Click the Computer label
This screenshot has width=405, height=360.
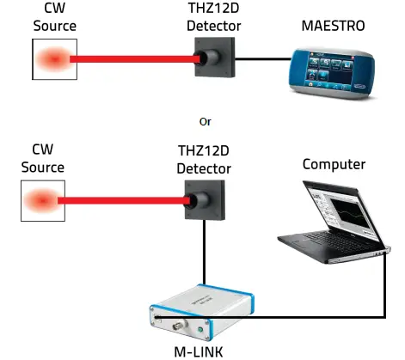tap(334, 164)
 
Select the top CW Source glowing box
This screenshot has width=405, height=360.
tap(54, 59)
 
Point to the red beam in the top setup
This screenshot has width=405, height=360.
tap(138, 59)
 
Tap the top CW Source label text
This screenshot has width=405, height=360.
tap(54, 17)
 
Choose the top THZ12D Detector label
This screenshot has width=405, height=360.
tap(213, 17)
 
